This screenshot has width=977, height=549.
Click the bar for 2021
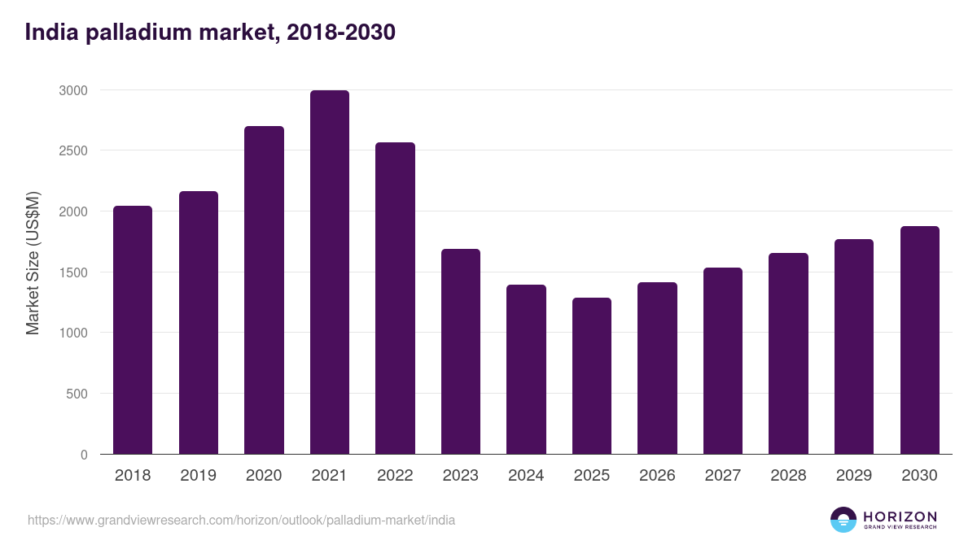[329, 272]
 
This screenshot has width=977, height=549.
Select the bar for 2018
[133, 330]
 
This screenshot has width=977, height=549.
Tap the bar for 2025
[591, 376]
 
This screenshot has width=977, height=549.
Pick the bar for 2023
[460, 351]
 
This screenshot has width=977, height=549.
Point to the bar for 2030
[919, 340]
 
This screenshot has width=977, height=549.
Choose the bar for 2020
[264, 290]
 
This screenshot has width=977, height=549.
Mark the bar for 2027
[722, 361]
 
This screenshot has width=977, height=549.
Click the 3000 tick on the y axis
[72, 90]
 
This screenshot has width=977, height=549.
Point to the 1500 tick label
[72, 272]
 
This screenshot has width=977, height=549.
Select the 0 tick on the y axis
[84, 455]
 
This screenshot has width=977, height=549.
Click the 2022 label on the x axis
[395, 476]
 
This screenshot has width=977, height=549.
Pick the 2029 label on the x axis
[853, 476]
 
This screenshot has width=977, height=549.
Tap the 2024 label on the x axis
[526, 476]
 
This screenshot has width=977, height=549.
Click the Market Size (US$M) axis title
[33, 262]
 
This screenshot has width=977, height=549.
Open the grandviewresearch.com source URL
[241, 520]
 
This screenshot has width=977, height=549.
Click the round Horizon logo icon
[843, 520]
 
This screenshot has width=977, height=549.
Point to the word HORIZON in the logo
[900, 516]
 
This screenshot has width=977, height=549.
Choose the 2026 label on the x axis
[657, 476]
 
